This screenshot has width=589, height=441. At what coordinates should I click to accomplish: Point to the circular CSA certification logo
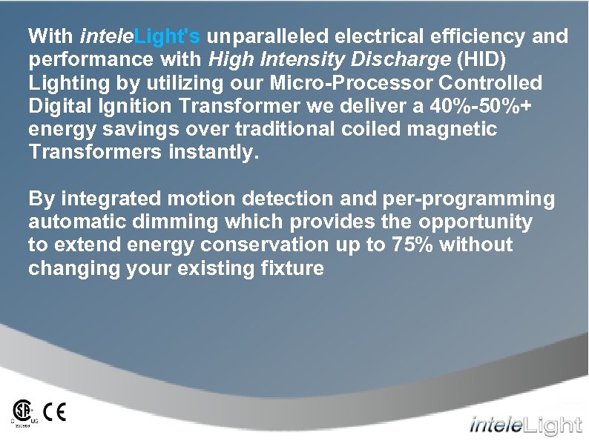(23, 411)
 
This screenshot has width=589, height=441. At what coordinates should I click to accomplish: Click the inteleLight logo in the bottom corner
(525, 425)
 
